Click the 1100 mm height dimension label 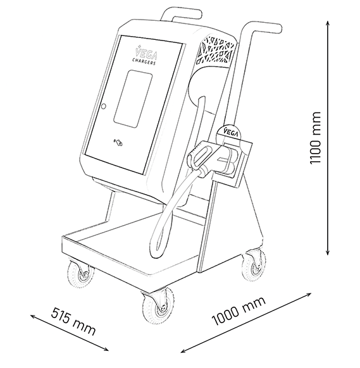[315, 138]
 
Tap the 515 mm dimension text [73, 321]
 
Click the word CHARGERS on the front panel [144, 61]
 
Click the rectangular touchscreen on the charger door [133, 99]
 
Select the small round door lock [103, 107]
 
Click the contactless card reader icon [119, 142]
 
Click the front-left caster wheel [80, 273]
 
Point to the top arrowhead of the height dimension [328, 23]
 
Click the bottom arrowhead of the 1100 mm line [328, 252]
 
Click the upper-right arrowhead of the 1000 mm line [308, 294]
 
